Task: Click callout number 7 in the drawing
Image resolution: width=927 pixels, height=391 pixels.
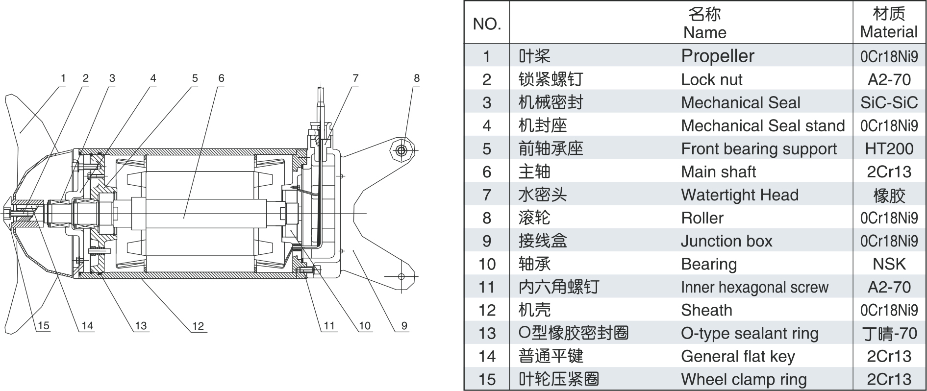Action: (355, 78)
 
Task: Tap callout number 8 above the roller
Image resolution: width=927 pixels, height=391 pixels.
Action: (417, 78)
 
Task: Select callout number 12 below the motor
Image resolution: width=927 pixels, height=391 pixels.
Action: (198, 326)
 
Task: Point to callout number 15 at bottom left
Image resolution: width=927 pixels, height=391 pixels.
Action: (43, 326)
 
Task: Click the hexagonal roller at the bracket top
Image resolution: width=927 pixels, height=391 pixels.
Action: (401, 150)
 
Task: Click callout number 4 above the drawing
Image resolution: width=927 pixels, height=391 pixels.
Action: (153, 78)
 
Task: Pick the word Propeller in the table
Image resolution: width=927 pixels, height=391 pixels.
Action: (717, 56)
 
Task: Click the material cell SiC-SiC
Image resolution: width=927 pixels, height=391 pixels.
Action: (888, 102)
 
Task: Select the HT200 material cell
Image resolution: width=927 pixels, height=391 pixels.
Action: (888, 148)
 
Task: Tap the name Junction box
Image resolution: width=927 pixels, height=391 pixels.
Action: (726, 241)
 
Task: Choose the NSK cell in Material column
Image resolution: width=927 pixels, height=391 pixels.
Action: (888, 264)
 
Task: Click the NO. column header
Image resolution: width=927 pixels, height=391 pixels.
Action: (486, 24)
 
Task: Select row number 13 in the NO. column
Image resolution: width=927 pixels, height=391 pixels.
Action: (487, 333)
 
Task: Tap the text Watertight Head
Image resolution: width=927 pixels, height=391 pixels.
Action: (739, 195)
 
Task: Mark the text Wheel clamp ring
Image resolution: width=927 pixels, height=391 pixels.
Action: (743, 379)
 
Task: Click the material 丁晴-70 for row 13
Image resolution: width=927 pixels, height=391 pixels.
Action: (888, 333)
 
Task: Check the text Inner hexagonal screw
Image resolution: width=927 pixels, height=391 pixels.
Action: (754, 287)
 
